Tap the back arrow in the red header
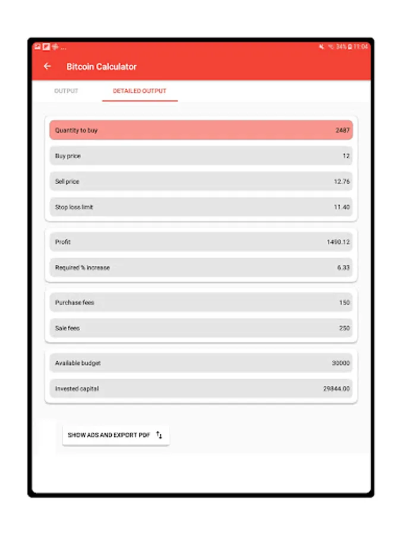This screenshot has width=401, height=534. point(48,66)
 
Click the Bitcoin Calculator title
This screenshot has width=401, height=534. point(102,67)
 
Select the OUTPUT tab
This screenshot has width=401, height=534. point(66,91)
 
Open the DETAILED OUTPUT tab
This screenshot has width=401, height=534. point(140,91)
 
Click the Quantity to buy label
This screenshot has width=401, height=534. point(76,131)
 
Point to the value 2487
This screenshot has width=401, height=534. point(342,131)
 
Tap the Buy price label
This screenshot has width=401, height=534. point(68,156)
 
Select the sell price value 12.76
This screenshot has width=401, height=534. point(342,182)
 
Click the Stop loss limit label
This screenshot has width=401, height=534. point(74,207)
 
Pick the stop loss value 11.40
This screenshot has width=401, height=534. point(342,207)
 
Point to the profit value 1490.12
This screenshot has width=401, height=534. point(338,242)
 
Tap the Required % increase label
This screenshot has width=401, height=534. point(82,268)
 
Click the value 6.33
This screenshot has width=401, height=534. point(343,268)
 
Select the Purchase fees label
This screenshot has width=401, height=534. point(74,303)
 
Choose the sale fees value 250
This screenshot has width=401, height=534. point(345,328)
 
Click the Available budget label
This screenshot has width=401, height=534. point(78,363)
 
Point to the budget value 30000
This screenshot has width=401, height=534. point(341,363)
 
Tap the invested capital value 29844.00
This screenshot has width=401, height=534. point(336,389)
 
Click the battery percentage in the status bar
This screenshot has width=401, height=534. point(341,47)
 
